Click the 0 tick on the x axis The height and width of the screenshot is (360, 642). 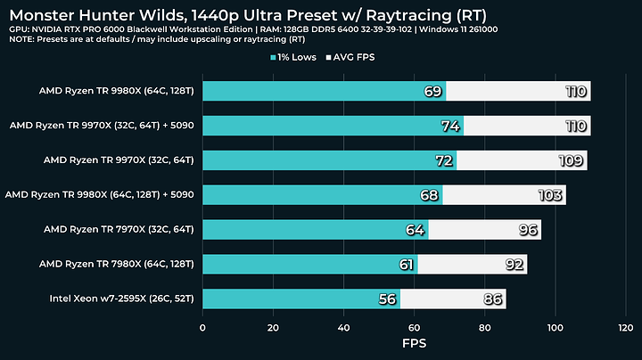(x=203, y=326)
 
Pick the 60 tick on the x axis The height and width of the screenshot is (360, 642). (x=415, y=326)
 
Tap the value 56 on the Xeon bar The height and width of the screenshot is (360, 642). (x=387, y=299)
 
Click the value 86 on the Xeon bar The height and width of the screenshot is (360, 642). (x=493, y=299)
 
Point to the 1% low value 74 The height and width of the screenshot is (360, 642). (x=450, y=126)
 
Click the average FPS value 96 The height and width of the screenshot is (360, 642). (x=528, y=230)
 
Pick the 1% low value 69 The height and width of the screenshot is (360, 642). (x=433, y=91)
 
